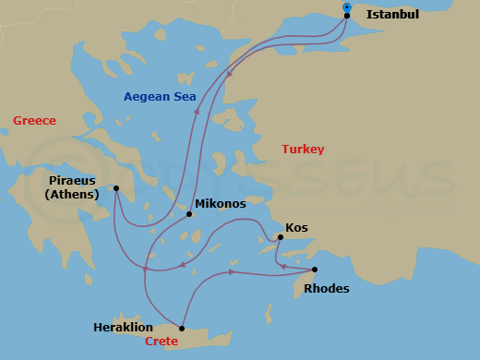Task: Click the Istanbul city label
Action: (x=392, y=15)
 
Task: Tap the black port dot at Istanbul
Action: (x=346, y=16)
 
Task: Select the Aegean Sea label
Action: (x=160, y=96)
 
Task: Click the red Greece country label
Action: (x=34, y=121)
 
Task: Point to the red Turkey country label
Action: (x=303, y=149)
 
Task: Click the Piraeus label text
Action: (x=73, y=181)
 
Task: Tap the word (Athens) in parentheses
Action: (x=72, y=194)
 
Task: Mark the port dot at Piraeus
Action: (x=116, y=188)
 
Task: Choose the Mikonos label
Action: (x=220, y=202)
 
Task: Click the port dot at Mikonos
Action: (x=189, y=214)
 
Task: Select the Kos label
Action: (x=296, y=226)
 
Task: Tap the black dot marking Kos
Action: (x=280, y=238)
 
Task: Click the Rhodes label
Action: (x=327, y=288)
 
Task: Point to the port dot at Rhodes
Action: (x=315, y=270)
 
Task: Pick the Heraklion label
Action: (x=123, y=328)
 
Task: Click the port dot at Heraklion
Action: (x=182, y=329)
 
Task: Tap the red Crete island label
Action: (x=162, y=342)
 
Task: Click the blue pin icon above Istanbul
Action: (x=346, y=6)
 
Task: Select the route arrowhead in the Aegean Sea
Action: (x=196, y=109)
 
